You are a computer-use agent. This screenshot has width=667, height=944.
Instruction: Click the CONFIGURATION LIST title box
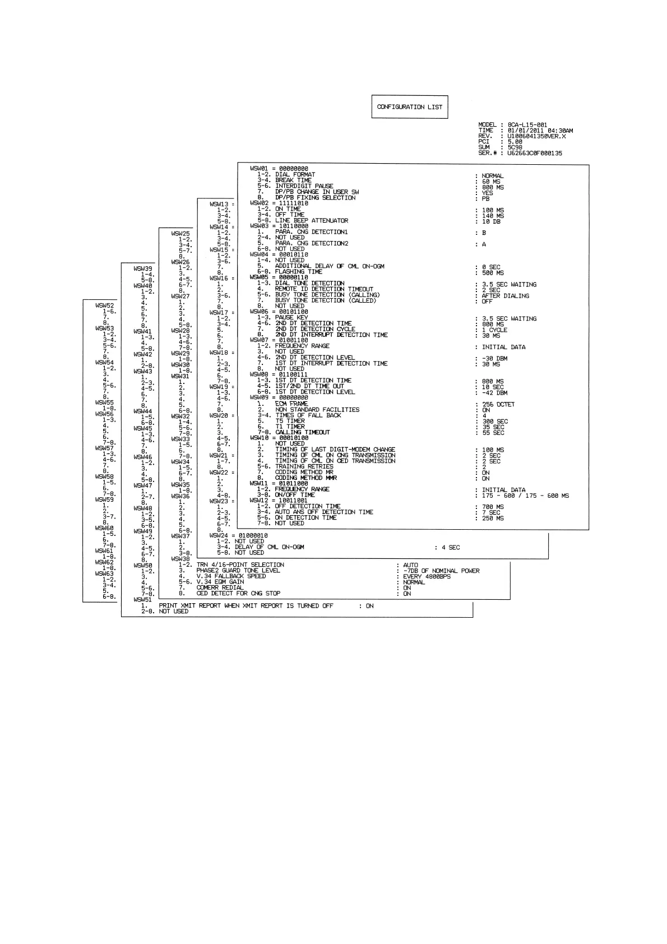(x=410, y=107)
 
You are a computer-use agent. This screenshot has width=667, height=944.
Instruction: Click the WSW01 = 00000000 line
(x=279, y=169)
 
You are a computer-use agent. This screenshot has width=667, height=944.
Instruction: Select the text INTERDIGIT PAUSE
(x=304, y=186)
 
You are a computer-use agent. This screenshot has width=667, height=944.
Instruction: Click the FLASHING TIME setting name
(x=299, y=272)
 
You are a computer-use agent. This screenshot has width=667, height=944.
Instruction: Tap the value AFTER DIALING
(x=505, y=296)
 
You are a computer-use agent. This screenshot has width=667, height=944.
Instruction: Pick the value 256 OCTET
(x=498, y=404)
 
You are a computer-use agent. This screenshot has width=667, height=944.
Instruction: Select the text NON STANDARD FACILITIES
(x=317, y=410)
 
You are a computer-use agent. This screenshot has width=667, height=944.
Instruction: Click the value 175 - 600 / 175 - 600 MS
(x=525, y=496)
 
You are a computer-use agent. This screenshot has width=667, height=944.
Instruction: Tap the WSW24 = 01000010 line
(x=238, y=536)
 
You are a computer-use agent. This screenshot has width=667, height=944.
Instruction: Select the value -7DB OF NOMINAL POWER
(x=441, y=571)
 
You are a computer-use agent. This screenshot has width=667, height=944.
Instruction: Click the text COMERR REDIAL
(x=220, y=587)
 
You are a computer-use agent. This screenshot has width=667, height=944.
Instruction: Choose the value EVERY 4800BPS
(x=427, y=576)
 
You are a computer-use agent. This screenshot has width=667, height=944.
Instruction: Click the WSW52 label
(x=105, y=306)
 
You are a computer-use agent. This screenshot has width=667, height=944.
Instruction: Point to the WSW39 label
(x=142, y=269)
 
